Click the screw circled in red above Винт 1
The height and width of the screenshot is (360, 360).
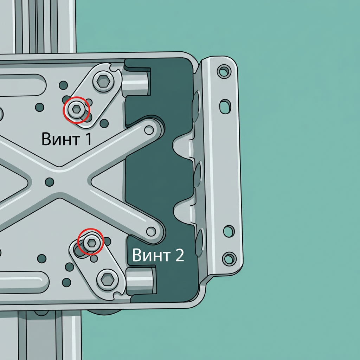click(76, 110)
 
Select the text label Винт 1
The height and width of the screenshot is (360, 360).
click(66, 139)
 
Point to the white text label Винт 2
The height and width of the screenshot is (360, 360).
click(158, 255)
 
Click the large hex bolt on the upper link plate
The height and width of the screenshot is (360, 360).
click(103, 81)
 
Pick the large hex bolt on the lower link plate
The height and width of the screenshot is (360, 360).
click(108, 279)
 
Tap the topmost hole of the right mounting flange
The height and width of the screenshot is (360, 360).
click(224, 71)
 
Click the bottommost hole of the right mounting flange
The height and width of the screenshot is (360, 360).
click(229, 258)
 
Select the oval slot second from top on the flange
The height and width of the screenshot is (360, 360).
click(225, 106)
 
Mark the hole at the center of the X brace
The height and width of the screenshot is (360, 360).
click(49, 182)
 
